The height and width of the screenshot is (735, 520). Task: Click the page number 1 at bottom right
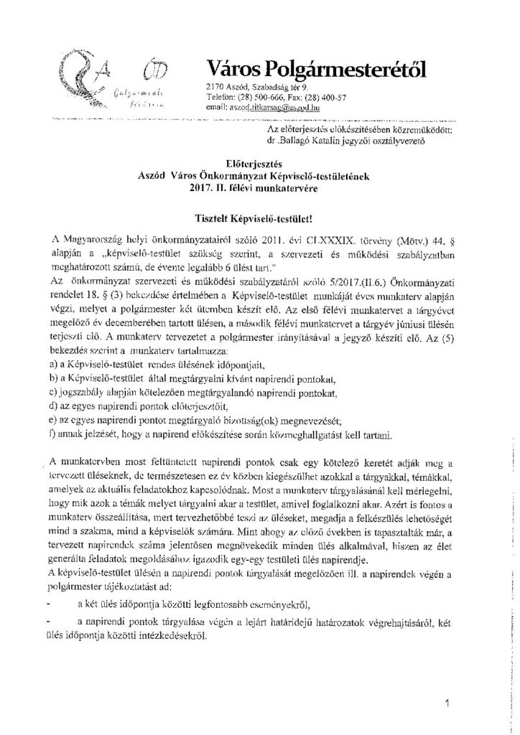tap(446, 704)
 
